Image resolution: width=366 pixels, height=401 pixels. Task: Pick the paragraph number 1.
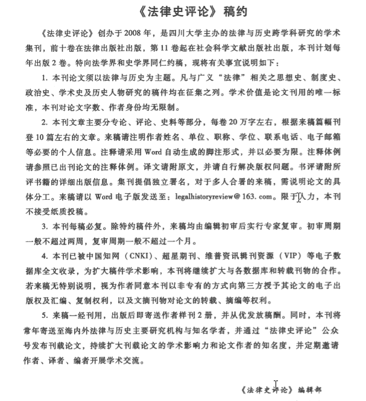point(45,78)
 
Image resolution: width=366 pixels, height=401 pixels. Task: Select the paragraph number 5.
point(45,315)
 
